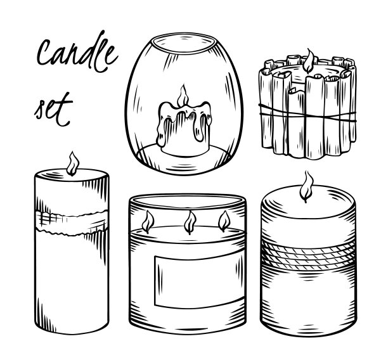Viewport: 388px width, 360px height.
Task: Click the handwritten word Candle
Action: (77, 52)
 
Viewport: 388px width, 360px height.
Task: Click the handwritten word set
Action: (53, 110)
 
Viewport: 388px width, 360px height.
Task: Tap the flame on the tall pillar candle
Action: (72, 164)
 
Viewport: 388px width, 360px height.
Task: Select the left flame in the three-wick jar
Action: (148, 222)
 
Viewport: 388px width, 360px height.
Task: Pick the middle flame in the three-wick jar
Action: (190, 222)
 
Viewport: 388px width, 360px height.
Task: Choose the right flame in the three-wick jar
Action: (224, 221)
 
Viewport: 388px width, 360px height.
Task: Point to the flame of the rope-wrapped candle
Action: (307, 186)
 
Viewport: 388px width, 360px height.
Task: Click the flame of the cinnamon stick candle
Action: (309, 61)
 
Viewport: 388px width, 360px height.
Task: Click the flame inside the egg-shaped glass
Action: (183, 96)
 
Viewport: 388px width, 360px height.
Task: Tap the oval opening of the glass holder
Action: (183, 44)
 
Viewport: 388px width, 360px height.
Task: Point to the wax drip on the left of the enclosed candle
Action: (161, 130)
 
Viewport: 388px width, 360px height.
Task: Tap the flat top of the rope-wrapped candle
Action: (308, 201)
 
